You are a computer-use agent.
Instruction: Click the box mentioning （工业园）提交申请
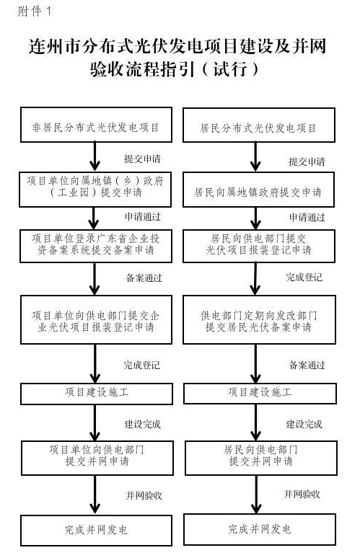tap(96, 187)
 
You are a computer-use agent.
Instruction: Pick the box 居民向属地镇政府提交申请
tap(258, 192)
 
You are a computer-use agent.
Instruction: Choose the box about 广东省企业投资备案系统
tap(96, 245)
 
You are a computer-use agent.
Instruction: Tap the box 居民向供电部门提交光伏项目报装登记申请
tap(258, 245)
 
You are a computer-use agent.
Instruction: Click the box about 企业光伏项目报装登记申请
tap(96, 322)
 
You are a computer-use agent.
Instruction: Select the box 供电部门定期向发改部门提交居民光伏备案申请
tap(258, 322)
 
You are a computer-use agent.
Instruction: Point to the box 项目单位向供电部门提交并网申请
tap(96, 455)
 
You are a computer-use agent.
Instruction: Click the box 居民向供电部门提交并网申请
tap(258, 455)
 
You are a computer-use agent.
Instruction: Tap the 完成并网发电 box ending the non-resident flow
tap(96, 530)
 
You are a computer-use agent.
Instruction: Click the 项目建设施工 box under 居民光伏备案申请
tap(258, 393)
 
